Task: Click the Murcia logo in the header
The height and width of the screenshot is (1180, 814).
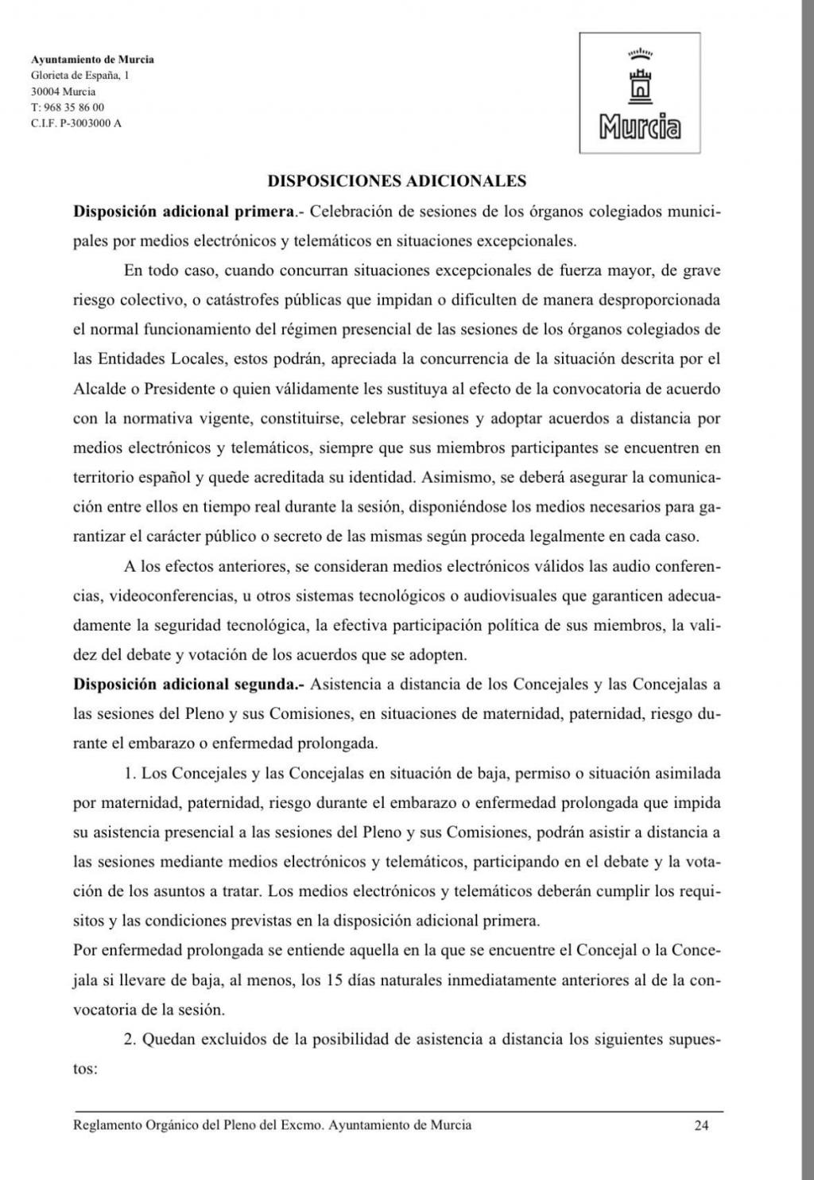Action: pos(640,93)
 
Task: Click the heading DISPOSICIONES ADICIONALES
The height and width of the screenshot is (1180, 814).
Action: pos(397,180)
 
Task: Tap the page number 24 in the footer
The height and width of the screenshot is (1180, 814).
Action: pos(701,1125)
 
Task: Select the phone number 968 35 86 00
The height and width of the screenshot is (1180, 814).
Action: pos(72,107)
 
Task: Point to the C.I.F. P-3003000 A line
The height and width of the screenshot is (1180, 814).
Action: pos(76,123)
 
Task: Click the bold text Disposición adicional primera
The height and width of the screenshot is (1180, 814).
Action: pos(183,212)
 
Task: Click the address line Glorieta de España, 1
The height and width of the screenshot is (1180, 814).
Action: pos(79,76)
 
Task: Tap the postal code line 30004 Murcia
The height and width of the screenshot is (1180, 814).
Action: pos(63,91)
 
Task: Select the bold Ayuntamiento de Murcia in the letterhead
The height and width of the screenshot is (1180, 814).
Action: pos(92,59)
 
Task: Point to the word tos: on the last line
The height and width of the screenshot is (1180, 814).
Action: pos(85,1069)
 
